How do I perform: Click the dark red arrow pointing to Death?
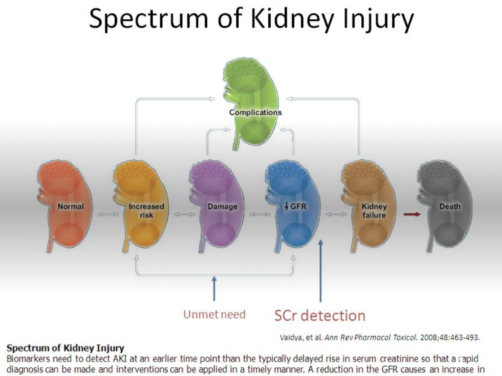pyautogui.click(x=412, y=214)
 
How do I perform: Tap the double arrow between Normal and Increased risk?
pyautogui.click(x=108, y=214)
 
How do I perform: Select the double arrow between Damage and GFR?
pyautogui.click(x=260, y=214)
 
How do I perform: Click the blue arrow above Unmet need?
pyautogui.click(x=214, y=288)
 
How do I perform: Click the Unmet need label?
pyautogui.click(x=214, y=314)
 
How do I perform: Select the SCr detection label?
pyautogui.click(x=319, y=315)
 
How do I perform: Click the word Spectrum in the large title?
pyautogui.click(x=148, y=19)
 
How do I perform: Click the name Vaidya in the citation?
pyautogui.click(x=292, y=337)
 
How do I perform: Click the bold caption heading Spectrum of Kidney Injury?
pyautogui.click(x=65, y=348)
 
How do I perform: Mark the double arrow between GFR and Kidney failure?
pyautogui.click(x=336, y=214)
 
